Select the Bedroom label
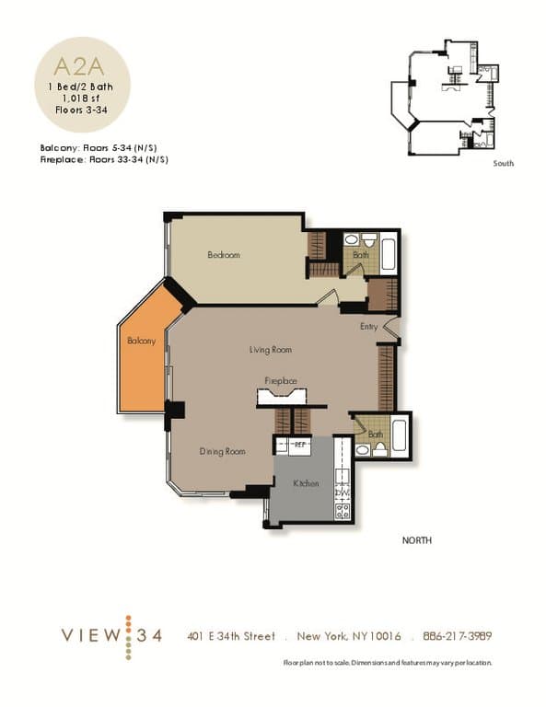point(223,255)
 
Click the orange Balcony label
point(141,341)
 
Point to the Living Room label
point(271,350)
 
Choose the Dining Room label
point(223,451)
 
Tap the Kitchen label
point(306,483)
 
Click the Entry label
point(369,326)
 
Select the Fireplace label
point(281,380)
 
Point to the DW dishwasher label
point(341,493)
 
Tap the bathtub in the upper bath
point(388,253)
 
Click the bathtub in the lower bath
point(399,435)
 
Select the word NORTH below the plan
point(416,540)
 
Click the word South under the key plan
point(503,163)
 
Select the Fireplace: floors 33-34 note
point(103,159)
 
